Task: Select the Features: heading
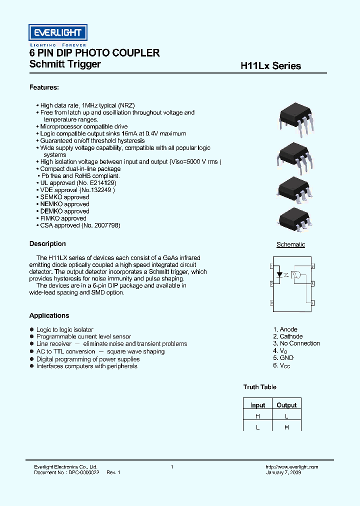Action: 44,87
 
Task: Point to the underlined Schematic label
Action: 290,244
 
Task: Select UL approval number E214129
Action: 103,183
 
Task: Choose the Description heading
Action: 47,244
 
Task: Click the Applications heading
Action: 49,315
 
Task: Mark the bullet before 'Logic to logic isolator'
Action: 32,329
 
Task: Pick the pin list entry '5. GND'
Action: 283,357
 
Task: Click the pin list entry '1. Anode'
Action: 285,329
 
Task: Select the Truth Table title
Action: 259,387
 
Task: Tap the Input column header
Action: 257,405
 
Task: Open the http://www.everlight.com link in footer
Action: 291,467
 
